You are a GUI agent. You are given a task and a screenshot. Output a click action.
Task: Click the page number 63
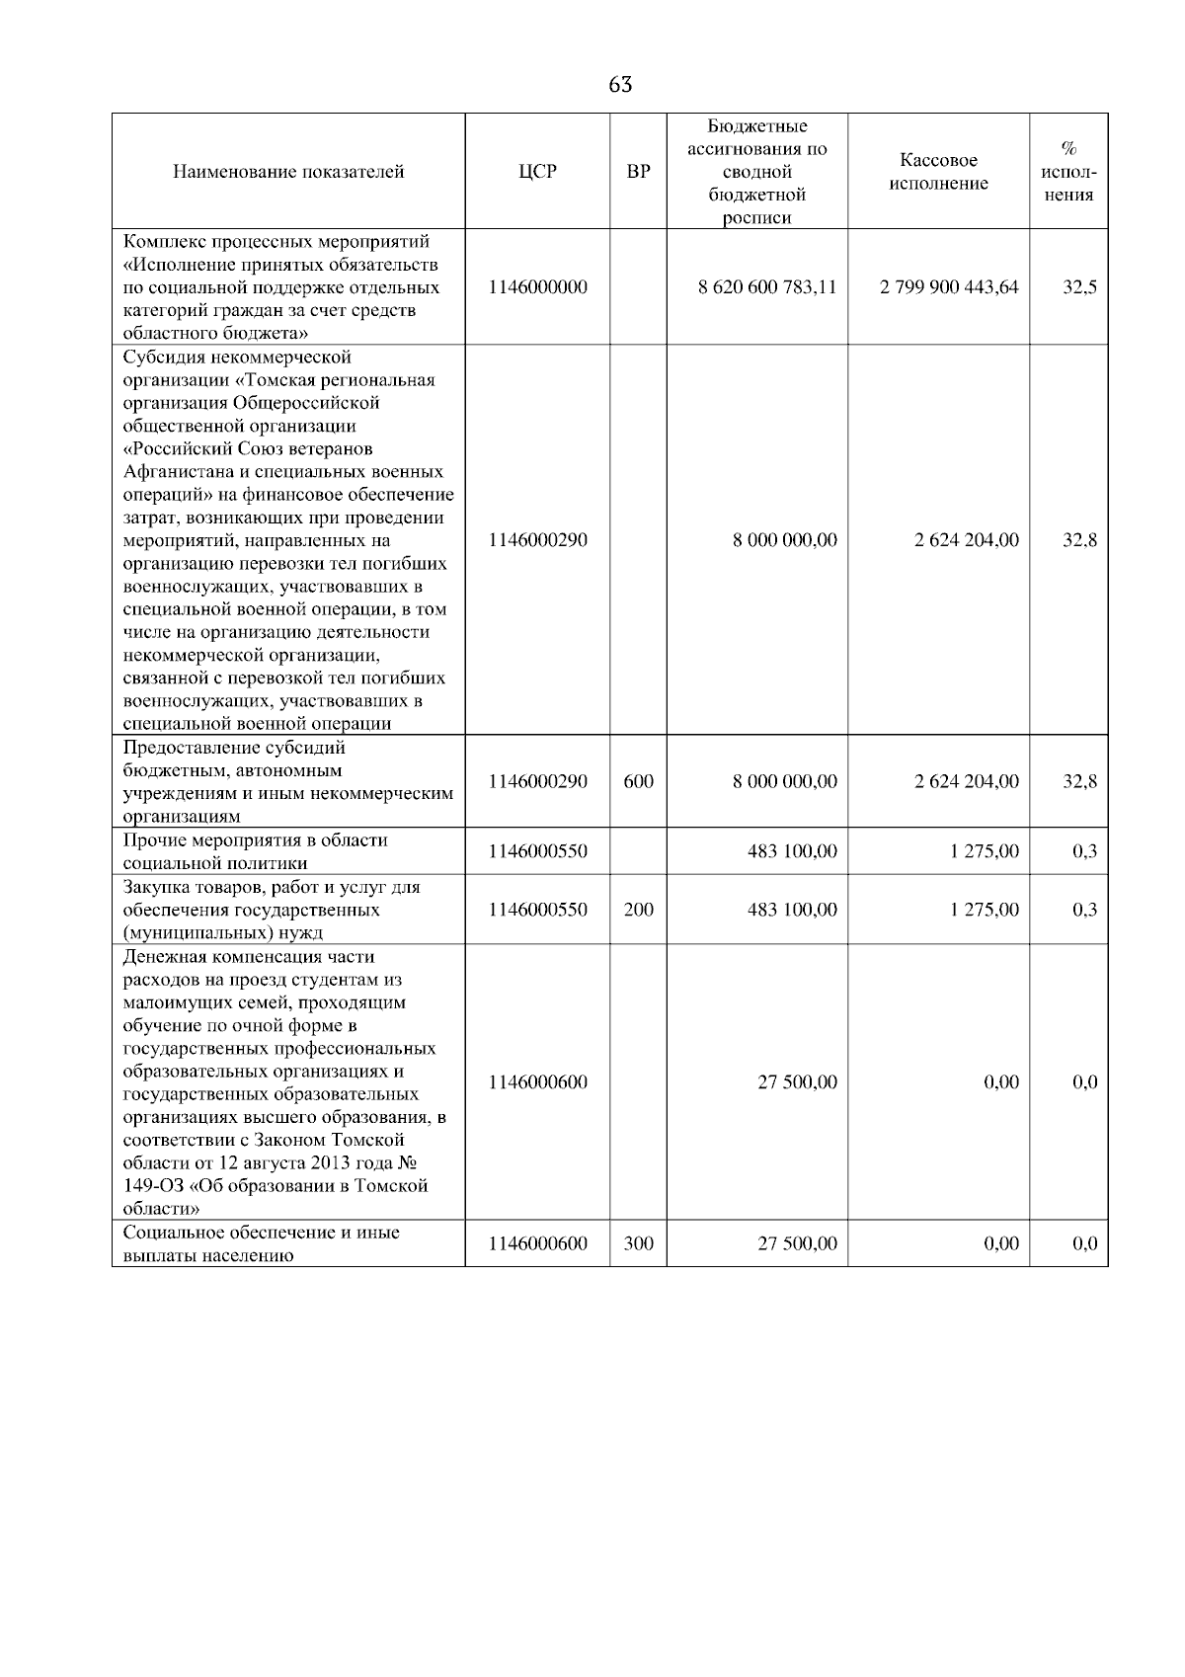[x=620, y=85]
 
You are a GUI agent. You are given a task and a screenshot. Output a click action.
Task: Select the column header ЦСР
[x=538, y=172]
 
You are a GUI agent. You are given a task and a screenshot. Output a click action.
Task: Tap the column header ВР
[x=639, y=172]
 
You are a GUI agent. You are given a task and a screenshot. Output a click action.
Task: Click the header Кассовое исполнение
[x=938, y=172]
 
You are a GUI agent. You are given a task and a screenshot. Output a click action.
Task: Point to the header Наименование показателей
[x=288, y=172]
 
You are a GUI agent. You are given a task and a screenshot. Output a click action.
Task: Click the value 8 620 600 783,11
[x=767, y=287]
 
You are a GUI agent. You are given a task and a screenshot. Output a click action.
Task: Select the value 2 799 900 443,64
[x=949, y=287]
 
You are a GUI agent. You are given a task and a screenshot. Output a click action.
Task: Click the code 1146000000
[x=538, y=287]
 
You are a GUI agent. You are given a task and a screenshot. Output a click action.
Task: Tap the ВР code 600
[x=639, y=781]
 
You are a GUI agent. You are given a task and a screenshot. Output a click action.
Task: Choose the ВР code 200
[x=639, y=910]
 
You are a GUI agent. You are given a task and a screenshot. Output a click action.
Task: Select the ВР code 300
[x=639, y=1243]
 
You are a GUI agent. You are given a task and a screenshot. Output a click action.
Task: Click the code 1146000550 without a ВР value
[x=538, y=851]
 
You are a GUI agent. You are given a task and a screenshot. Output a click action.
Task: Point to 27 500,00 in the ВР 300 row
[x=797, y=1243]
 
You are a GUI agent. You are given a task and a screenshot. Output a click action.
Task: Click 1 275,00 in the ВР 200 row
[x=985, y=910]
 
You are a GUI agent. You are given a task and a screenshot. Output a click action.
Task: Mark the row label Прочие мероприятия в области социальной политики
[x=255, y=851]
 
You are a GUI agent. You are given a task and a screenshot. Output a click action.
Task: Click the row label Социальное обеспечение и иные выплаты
[x=261, y=1243]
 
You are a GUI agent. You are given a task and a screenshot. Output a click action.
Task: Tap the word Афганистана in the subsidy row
[x=179, y=472]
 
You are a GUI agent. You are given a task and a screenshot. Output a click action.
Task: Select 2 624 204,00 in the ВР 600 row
[x=967, y=781]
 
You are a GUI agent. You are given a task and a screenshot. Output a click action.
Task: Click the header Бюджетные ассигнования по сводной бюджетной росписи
[x=757, y=172]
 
